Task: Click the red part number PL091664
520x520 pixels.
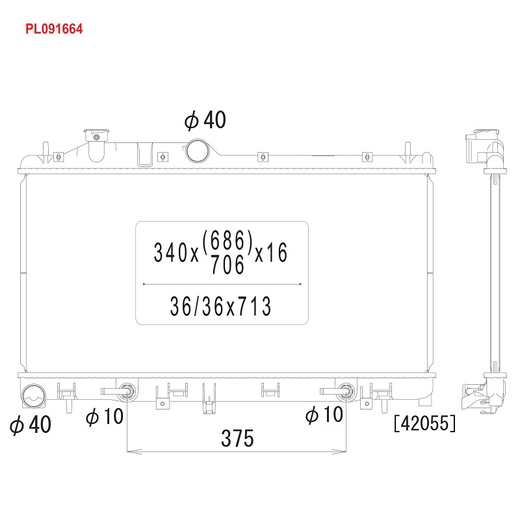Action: [54, 29]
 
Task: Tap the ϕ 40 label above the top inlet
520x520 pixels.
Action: [205, 120]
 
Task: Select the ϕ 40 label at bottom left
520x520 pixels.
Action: [31, 424]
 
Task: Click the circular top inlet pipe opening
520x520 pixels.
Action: [198, 151]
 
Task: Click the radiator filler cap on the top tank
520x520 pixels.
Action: [96, 136]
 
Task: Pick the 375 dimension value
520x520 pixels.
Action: [237, 438]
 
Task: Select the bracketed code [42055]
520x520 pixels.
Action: [425, 423]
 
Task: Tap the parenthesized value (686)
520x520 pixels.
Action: [227, 240]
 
